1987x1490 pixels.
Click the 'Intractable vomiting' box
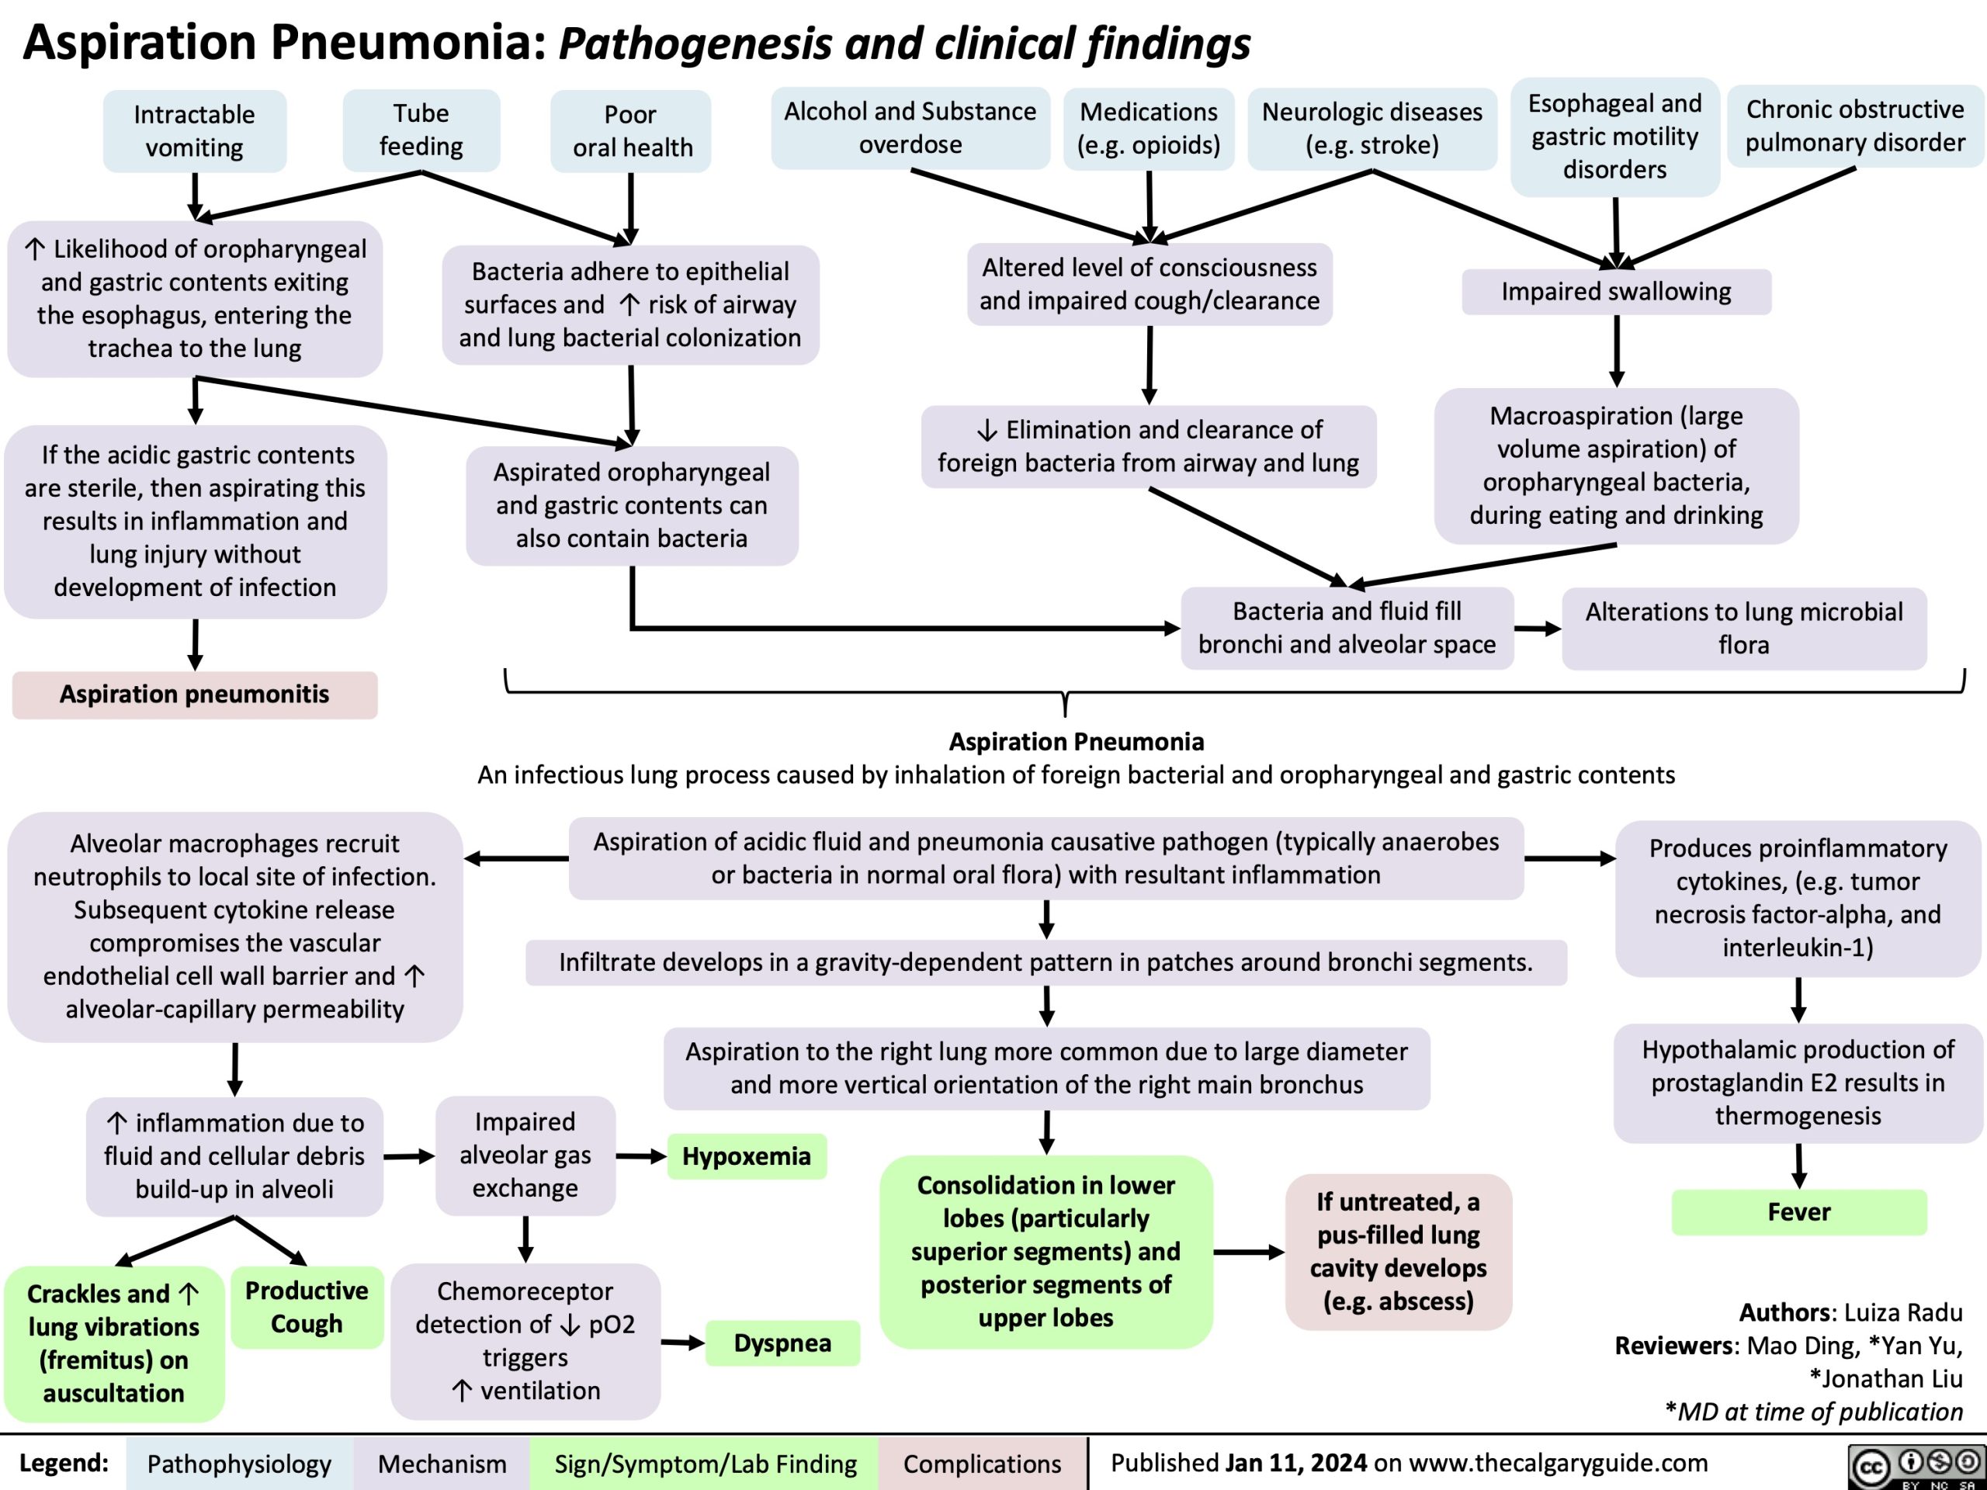[x=194, y=131]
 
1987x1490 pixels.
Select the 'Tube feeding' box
[x=421, y=130]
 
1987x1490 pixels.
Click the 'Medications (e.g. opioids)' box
[x=1149, y=128]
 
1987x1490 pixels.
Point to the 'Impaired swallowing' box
[x=1616, y=292]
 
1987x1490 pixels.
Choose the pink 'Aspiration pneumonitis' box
[x=194, y=695]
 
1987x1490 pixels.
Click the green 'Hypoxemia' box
[x=747, y=1156]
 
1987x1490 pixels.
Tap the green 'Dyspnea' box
[x=782, y=1343]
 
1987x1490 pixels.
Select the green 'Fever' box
[x=1798, y=1211]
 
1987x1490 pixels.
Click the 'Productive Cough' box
[x=307, y=1307]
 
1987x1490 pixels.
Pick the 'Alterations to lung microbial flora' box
[x=1743, y=628]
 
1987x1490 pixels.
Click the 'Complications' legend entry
[x=982, y=1463]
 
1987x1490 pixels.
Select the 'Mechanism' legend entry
[x=441, y=1463]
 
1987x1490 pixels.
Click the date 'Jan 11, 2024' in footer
[x=1295, y=1462]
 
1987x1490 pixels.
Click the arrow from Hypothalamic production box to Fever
[x=1798, y=1165]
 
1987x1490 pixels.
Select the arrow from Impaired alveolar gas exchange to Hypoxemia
[x=641, y=1156]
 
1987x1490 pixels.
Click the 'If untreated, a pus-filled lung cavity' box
[x=1398, y=1251]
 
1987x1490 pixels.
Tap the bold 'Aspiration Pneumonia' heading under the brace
[x=1076, y=742]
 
